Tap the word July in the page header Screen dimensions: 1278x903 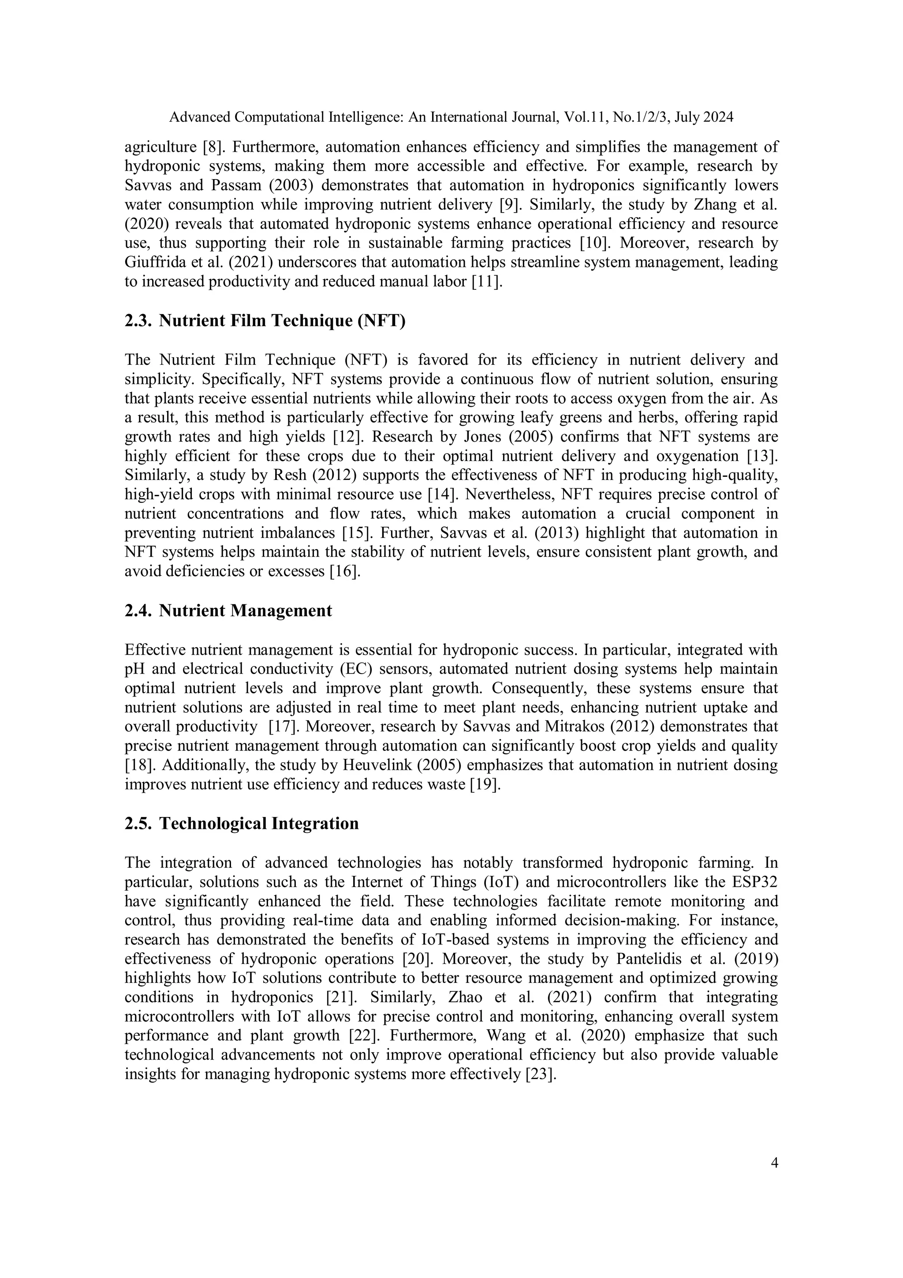click(x=686, y=117)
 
